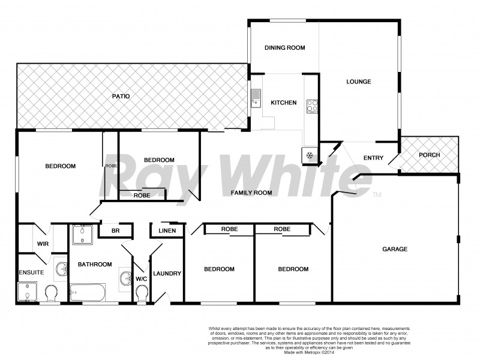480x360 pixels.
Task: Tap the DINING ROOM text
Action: point(286,48)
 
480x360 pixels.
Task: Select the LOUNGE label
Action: point(359,82)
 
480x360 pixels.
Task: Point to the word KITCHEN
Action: point(283,103)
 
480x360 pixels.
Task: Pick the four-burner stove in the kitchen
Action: point(312,106)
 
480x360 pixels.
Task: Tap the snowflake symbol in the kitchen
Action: point(310,155)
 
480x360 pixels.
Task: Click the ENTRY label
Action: point(373,158)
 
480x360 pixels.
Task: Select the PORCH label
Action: point(429,155)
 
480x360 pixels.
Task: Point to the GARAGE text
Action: point(395,249)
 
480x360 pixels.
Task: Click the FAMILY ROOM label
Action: point(252,193)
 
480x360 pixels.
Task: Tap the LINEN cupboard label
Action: point(167,231)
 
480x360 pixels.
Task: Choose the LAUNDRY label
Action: point(167,274)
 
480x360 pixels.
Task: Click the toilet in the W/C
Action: point(142,293)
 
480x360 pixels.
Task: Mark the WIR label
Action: point(43,244)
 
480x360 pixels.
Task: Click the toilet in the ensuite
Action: point(51,293)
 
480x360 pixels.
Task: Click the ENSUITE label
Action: point(31,272)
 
